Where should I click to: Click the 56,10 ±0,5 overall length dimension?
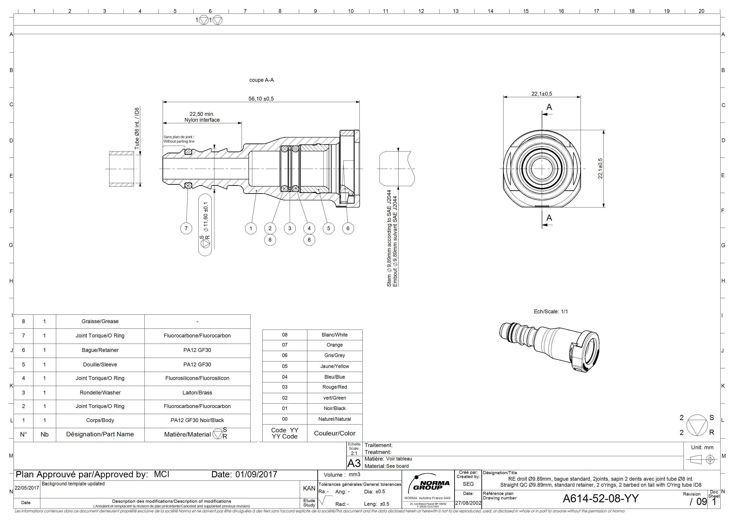(x=261, y=98)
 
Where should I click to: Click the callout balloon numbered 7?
(x=186, y=229)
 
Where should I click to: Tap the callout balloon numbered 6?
(x=348, y=229)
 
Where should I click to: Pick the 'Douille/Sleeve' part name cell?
(x=100, y=364)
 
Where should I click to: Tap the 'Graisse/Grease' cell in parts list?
(x=100, y=321)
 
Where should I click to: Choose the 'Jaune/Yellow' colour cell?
(x=335, y=366)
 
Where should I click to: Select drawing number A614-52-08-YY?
(x=601, y=498)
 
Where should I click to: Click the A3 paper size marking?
(x=354, y=464)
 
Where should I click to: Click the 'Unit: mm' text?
(x=702, y=447)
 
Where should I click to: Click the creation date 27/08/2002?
(x=468, y=503)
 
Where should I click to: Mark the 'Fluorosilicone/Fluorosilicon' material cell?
(x=197, y=378)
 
